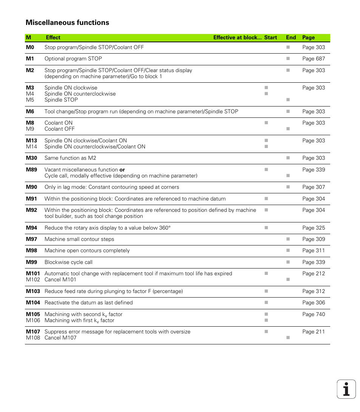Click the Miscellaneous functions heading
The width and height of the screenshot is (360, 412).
pos(67,23)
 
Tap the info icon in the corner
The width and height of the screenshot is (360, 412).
pos(346,389)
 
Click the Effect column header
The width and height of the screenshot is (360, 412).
pos(53,37)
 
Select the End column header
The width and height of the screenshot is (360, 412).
pos(291,37)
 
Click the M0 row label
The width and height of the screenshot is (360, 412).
pos(30,47)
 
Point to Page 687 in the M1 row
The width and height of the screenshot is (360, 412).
pos(313,59)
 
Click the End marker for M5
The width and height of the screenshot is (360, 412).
pos(288,100)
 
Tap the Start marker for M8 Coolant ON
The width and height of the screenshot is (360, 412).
pos(266,123)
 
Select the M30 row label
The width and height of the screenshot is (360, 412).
pos(31,158)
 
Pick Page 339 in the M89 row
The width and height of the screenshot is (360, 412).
pos(313,170)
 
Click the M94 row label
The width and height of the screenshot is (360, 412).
pos(31,228)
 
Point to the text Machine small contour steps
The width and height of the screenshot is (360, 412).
pos(79,239)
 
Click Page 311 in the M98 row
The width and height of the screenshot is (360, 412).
pos(313,250)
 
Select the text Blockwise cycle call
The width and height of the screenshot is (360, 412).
pos(68,262)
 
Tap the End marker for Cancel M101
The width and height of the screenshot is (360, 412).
pos(288,279)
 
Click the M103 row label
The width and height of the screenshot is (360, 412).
pos(33,291)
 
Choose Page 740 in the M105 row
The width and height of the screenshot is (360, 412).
pos(313,314)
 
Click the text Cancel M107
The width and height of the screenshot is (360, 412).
pos(60,338)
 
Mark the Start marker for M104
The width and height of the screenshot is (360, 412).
pos(266,302)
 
